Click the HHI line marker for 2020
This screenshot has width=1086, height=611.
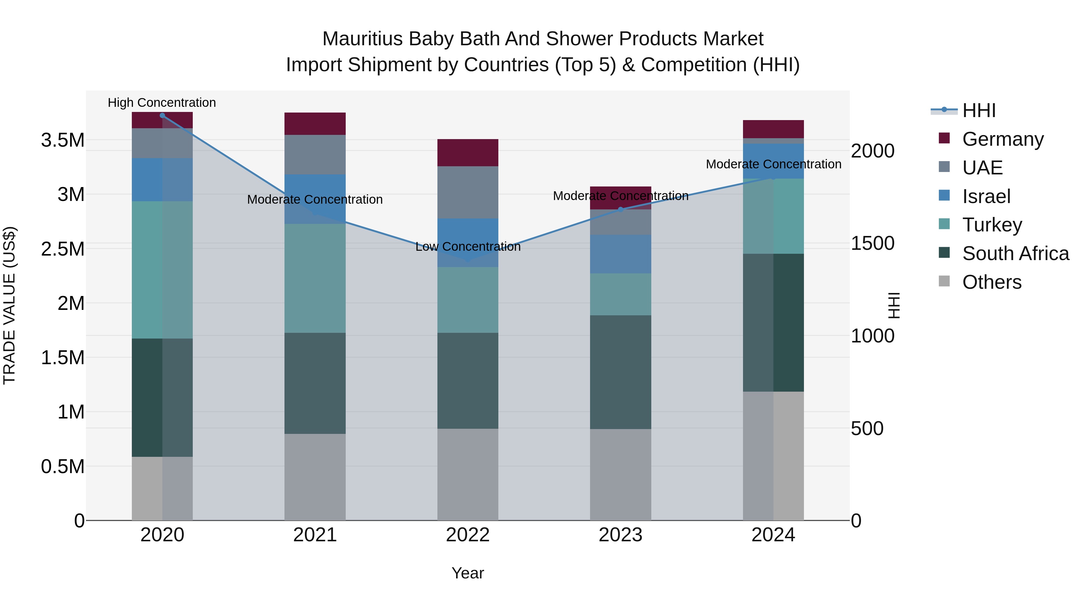[162, 115]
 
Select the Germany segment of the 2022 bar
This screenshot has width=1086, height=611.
[468, 153]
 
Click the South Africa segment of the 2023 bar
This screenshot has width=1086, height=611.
[621, 372]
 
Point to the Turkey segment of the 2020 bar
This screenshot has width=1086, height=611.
[162, 270]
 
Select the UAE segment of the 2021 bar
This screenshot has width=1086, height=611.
[315, 154]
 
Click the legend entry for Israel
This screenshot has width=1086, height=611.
[986, 196]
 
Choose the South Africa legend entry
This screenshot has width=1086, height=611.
[1015, 253]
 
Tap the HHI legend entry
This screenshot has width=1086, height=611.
[979, 110]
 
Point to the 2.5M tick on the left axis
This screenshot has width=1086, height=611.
[63, 249]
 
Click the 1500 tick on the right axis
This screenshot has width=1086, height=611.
[872, 243]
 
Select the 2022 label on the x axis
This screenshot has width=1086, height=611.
[468, 535]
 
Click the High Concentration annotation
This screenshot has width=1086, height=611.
[162, 103]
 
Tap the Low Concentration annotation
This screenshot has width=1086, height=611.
[468, 247]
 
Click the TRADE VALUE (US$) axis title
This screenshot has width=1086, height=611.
[9, 305]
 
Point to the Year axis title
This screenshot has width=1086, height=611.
[468, 573]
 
